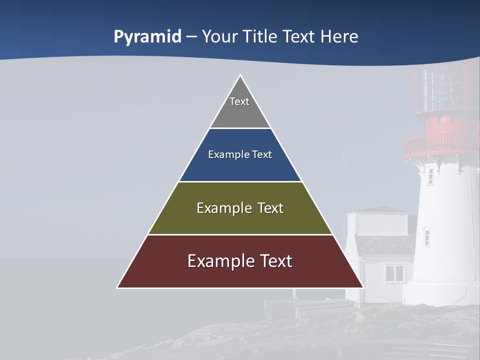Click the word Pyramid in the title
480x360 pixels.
[x=147, y=37]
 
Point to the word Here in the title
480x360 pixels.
[x=339, y=37]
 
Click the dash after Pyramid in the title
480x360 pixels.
[x=191, y=37]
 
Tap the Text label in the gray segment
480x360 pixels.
[x=239, y=101]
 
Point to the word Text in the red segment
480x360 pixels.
[x=272, y=261]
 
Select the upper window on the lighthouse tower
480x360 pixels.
[x=430, y=176]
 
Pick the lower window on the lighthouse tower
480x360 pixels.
[x=426, y=236]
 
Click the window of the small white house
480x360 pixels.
[x=394, y=273]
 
